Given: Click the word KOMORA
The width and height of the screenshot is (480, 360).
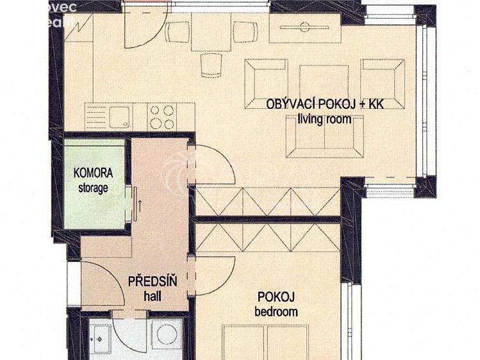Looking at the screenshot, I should tap(94, 173).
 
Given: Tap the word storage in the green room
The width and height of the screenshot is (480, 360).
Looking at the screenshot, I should tap(94, 188).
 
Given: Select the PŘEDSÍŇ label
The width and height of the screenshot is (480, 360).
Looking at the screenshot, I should tap(153, 281).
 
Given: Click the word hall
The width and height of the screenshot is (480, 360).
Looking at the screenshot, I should tap(153, 296).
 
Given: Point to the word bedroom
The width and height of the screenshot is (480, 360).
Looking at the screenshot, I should tap(276, 312).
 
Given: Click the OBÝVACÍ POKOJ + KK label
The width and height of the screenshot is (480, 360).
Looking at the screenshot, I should tap(325, 104).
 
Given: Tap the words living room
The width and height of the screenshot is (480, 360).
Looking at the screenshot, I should tap(325, 119).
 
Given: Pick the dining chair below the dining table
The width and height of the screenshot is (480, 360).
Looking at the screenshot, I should tap(211, 65).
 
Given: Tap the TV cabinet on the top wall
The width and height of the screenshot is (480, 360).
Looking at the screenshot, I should tap(305, 29).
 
